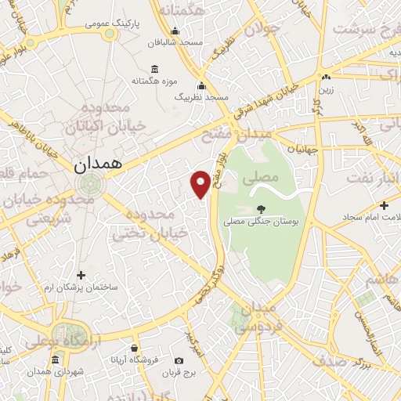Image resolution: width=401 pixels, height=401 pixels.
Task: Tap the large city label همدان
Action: click(96, 165)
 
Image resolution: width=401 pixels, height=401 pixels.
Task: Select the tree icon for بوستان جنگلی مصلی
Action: click(261, 209)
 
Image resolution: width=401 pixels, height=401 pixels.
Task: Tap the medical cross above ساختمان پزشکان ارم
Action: click(81, 274)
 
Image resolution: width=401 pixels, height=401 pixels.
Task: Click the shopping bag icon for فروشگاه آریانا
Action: click(135, 347)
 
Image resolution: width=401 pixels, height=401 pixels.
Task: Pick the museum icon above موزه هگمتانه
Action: click(154, 68)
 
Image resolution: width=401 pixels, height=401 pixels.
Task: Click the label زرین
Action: click(325, 89)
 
